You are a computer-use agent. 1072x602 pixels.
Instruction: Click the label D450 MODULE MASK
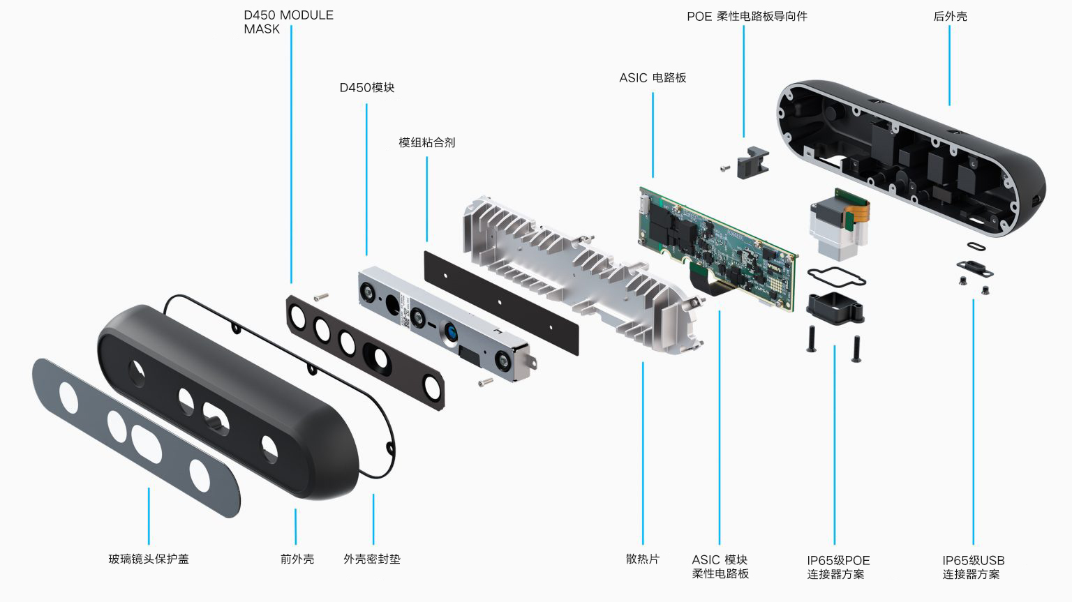click(x=288, y=22)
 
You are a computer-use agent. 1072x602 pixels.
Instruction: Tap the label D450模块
click(x=367, y=88)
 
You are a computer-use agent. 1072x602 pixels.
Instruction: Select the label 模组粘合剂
click(x=426, y=143)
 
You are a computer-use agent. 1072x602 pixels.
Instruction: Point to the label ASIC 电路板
click(x=653, y=78)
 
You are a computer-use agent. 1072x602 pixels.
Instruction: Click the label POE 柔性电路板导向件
click(x=747, y=16)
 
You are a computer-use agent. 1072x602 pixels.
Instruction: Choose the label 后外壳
click(x=950, y=16)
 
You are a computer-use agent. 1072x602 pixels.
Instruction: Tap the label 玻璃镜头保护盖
click(x=149, y=559)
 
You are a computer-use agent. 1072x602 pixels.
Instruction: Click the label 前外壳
click(x=297, y=559)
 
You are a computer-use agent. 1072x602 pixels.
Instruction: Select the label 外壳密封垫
click(x=372, y=559)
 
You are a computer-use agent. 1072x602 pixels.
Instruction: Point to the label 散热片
click(x=643, y=559)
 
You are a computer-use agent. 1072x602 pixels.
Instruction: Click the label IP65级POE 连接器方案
click(x=837, y=567)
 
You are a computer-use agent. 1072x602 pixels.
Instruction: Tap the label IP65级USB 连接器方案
click(x=973, y=567)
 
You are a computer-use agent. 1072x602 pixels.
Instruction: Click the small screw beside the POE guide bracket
click(x=725, y=167)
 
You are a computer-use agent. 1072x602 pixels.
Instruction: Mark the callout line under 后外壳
click(x=949, y=66)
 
